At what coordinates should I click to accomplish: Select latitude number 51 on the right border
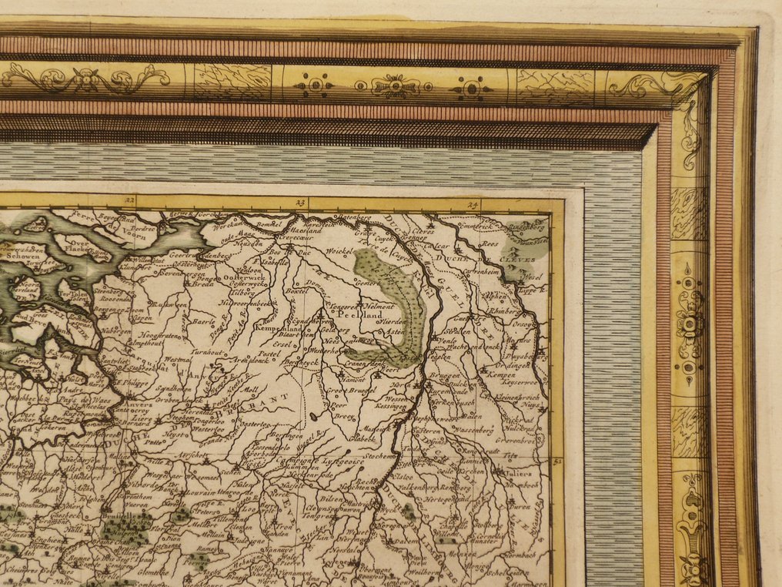pyautogui.click(x=557, y=461)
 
